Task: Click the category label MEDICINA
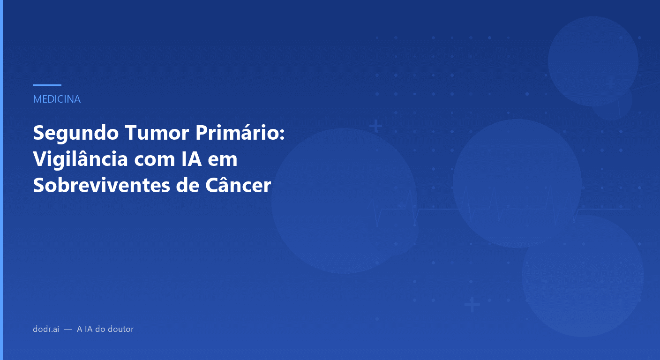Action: pyautogui.click(x=57, y=99)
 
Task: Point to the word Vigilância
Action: pyautogui.click(x=80, y=160)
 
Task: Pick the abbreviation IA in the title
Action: pyautogui.click(x=191, y=160)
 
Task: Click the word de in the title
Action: pyautogui.click(x=183, y=186)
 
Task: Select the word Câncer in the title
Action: pyautogui.click(x=238, y=186)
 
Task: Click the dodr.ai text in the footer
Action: pyautogui.click(x=46, y=329)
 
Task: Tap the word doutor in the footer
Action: pyautogui.click(x=121, y=329)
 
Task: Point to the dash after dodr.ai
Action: pyautogui.click(x=68, y=330)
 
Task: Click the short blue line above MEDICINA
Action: pyautogui.click(x=47, y=85)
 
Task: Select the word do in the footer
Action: pyautogui.click(x=100, y=329)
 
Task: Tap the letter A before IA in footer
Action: pyautogui.click(x=80, y=329)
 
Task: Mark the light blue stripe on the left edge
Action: pyautogui.click(x=1, y=180)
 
